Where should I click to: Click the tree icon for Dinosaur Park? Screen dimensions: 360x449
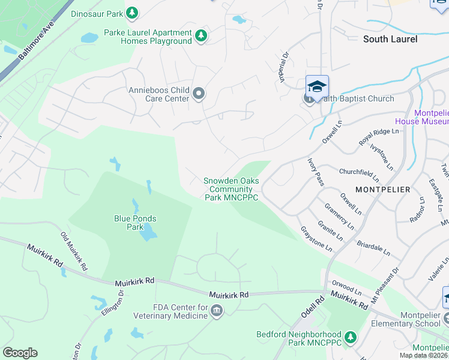tap(132, 13)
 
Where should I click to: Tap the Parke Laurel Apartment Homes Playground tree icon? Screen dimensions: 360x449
tap(201, 37)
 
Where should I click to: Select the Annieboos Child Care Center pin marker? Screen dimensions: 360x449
tap(199, 94)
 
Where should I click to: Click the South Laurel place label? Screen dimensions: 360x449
tap(390, 39)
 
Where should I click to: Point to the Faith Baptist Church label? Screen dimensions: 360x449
tap(354, 99)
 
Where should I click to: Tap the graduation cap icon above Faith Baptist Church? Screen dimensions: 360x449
tap(317, 86)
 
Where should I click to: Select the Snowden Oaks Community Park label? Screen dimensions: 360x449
tap(231, 188)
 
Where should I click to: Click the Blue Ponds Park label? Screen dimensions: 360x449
tap(129, 223)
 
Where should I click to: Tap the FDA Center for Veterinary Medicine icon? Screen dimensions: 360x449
tap(217, 310)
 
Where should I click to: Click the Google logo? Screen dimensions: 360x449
tap(20, 353)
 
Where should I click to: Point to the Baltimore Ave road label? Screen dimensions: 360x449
tap(36, 41)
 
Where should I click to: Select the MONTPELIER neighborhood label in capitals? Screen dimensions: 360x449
tap(382, 190)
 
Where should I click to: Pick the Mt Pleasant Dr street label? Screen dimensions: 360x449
tap(386, 284)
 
